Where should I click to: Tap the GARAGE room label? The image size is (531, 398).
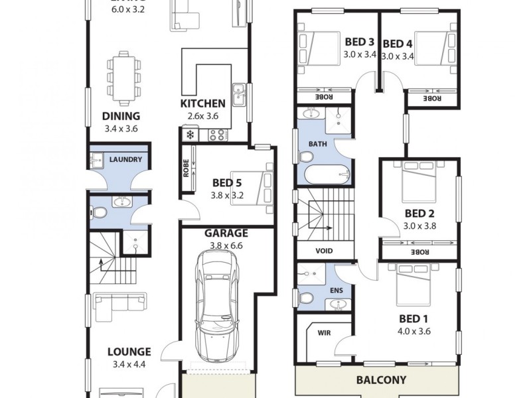point(226,233)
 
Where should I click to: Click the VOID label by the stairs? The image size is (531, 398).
point(325,251)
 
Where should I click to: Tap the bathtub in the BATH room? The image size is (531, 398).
point(327,174)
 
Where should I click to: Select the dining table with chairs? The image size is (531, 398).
point(124,74)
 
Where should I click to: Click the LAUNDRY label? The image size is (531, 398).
point(125,159)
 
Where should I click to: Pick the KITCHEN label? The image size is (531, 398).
point(202,104)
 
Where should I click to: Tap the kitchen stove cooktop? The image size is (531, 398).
point(218,135)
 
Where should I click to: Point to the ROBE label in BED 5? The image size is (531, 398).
point(187,170)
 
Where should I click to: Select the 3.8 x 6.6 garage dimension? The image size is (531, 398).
point(226,245)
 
